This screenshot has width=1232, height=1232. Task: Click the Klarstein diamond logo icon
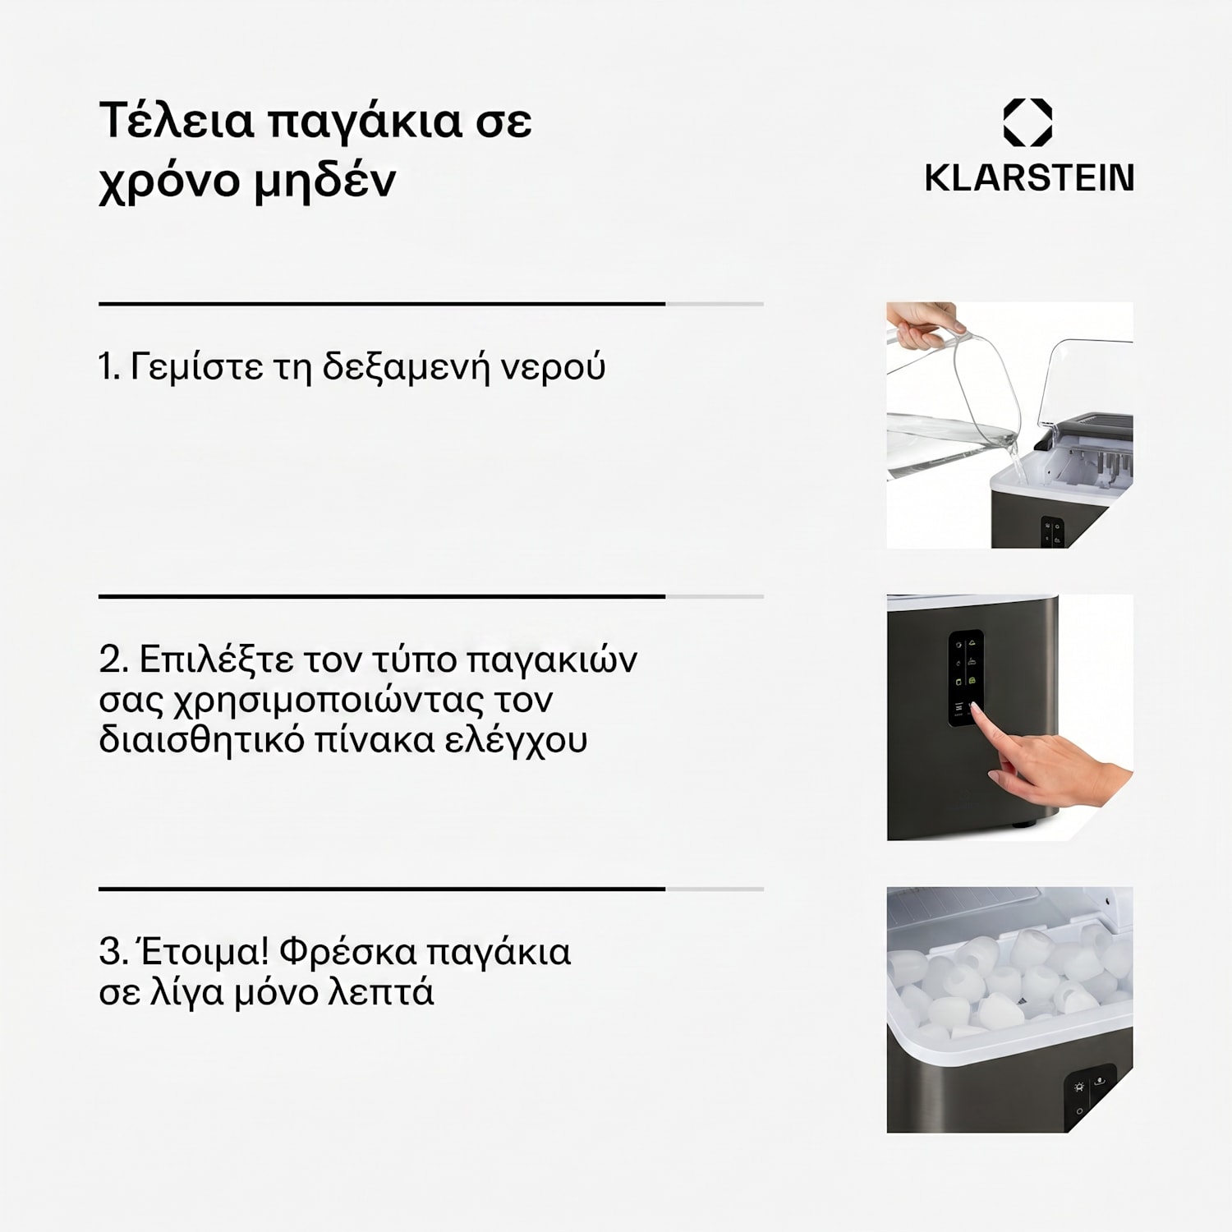tap(1027, 122)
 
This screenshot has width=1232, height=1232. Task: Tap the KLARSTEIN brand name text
tap(1029, 178)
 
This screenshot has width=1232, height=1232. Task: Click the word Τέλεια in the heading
tap(177, 120)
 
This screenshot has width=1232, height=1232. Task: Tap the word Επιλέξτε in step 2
tap(217, 660)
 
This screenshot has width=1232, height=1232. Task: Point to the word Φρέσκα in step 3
tap(348, 953)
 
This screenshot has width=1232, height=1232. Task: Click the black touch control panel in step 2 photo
tap(967, 678)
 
